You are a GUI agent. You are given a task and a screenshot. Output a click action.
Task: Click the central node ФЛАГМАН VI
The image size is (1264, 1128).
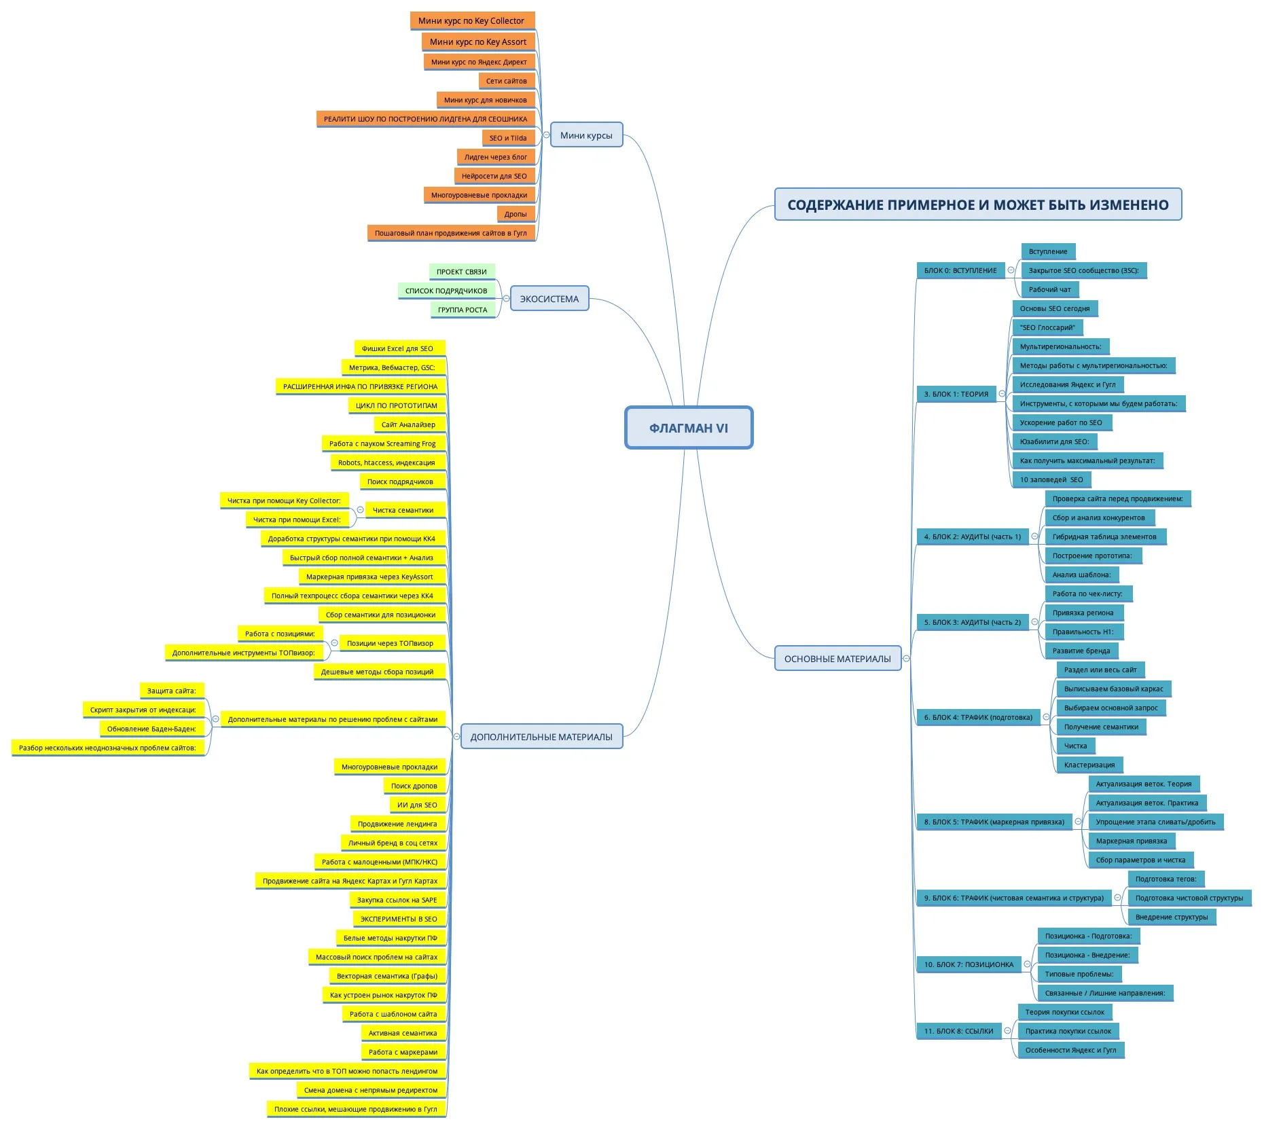click(688, 428)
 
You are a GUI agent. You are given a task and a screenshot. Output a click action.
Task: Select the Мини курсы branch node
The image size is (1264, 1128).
click(586, 135)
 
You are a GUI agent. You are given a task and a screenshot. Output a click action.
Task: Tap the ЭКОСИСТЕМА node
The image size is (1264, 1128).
click(549, 299)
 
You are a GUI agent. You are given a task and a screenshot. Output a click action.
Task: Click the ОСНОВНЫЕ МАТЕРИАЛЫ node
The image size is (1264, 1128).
click(837, 659)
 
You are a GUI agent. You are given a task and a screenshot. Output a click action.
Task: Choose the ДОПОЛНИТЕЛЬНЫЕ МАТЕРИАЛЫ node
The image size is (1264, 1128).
click(541, 737)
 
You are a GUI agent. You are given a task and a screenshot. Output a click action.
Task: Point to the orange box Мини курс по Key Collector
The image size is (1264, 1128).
click(471, 21)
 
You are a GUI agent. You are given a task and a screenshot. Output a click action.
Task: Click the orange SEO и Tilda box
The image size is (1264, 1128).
click(508, 138)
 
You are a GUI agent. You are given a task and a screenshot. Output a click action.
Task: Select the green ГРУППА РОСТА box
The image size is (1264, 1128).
click(463, 310)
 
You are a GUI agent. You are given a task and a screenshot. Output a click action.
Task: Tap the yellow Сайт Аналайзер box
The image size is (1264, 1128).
click(408, 424)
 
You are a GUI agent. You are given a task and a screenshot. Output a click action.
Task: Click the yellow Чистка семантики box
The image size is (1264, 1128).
click(403, 510)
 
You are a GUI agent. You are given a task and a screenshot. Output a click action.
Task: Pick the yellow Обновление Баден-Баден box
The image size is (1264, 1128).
click(151, 729)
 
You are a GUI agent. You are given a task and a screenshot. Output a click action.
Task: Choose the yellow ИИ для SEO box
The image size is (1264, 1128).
click(417, 805)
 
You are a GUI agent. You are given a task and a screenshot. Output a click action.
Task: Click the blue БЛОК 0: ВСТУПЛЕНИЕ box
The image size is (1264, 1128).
click(960, 270)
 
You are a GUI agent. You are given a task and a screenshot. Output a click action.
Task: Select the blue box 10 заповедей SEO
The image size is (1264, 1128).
click(1051, 479)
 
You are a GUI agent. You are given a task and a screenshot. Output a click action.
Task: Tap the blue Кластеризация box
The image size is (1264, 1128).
click(1089, 765)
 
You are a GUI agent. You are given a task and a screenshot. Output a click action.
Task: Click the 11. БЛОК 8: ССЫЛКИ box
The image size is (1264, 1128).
click(958, 1031)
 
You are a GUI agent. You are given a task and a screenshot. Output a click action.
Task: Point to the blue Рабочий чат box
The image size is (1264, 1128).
click(1049, 289)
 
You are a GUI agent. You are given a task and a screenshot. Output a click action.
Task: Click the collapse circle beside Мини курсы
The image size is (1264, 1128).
click(546, 134)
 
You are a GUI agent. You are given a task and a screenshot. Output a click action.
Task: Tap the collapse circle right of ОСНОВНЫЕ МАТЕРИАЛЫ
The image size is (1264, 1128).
click(906, 658)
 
